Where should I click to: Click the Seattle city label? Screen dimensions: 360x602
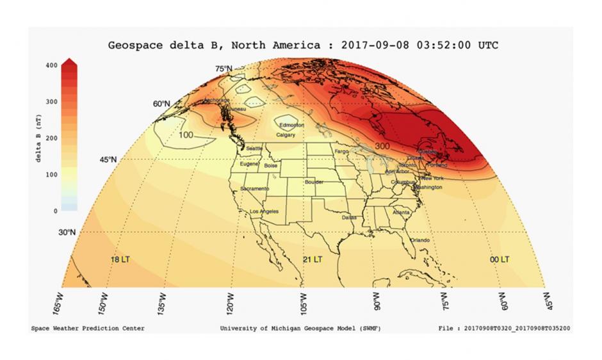[x=254, y=148]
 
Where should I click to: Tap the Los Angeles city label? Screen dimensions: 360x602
[x=263, y=211]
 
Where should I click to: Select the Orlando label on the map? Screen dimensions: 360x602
[x=419, y=240]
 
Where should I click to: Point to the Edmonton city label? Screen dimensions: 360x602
[x=291, y=125]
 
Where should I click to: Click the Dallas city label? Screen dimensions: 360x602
[x=349, y=217]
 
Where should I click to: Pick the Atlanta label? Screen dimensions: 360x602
[x=401, y=212]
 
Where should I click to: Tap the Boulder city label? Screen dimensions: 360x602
[x=314, y=182]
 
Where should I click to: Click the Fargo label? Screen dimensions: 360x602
[x=341, y=151]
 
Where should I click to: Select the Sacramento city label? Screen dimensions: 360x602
[x=254, y=189]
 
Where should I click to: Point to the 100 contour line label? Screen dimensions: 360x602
[x=186, y=135]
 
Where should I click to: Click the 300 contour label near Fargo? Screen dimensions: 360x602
[x=382, y=147]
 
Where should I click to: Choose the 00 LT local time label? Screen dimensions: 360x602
[x=500, y=259]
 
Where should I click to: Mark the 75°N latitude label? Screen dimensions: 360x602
[x=224, y=69]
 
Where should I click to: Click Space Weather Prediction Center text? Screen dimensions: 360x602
[x=88, y=329]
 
